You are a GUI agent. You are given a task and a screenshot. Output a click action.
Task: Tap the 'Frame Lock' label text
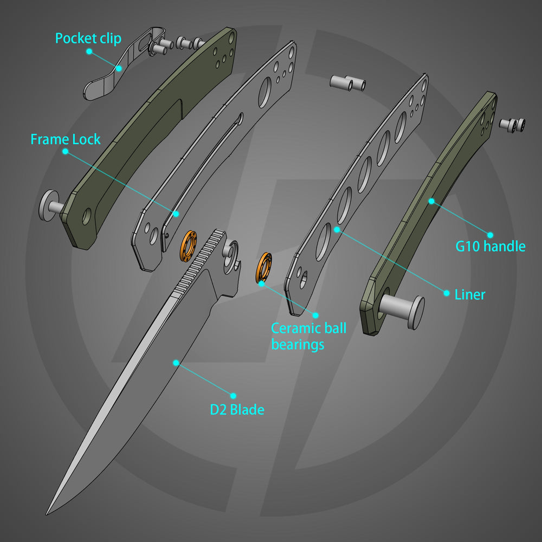66,139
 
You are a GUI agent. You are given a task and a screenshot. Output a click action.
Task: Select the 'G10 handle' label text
490,247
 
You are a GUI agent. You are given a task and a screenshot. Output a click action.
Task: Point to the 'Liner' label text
469,295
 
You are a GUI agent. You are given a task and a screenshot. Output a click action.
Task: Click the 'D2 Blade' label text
237,410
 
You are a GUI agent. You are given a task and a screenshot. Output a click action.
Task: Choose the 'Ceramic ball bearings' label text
308,336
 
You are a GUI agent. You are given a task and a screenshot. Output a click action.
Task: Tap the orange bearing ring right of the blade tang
264,267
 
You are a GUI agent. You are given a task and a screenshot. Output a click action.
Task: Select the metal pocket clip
111,76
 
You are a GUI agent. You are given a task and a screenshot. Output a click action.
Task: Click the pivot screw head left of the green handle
49,204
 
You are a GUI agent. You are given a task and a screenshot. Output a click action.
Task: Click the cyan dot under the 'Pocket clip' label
89,51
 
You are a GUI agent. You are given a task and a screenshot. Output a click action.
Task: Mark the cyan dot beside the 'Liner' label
447,293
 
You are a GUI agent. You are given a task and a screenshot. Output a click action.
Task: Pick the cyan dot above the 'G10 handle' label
489,235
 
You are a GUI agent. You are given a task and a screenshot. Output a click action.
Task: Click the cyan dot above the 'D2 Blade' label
234,396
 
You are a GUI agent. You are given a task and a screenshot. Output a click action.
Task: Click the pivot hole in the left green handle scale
87,217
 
